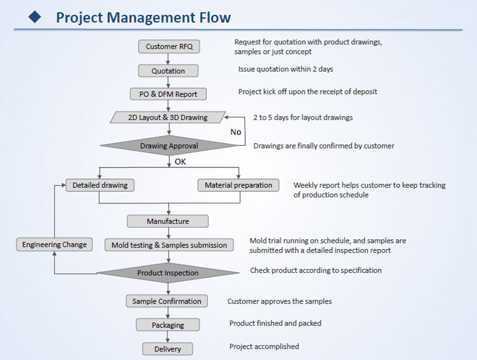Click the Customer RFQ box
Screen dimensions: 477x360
click(x=169, y=47)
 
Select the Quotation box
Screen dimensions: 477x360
click(x=168, y=71)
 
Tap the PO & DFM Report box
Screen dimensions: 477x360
click(x=168, y=94)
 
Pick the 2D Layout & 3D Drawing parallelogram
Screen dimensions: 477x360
click(x=168, y=117)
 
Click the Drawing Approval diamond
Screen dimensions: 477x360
click(x=169, y=146)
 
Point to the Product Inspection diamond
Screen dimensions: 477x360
click(x=168, y=273)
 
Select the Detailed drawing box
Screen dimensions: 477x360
click(x=100, y=185)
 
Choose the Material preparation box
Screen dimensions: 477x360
click(x=238, y=185)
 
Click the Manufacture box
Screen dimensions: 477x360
click(x=168, y=221)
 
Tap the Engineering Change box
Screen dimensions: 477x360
click(x=55, y=244)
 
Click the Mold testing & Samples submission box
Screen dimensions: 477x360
click(x=169, y=245)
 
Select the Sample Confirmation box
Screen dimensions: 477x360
click(x=167, y=301)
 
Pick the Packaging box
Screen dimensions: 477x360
click(x=168, y=325)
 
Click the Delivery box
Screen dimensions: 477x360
click(x=168, y=349)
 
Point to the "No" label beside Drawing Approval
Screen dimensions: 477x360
click(x=236, y=132)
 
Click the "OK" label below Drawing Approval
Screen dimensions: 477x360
click(x=180, y=162)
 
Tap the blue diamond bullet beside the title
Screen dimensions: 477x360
click(x=35, y=17)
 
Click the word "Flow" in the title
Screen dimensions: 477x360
click(x=215, y=17)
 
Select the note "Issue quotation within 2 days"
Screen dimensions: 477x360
click(x=286, y=69)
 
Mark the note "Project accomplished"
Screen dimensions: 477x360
click(x=264, y=346)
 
